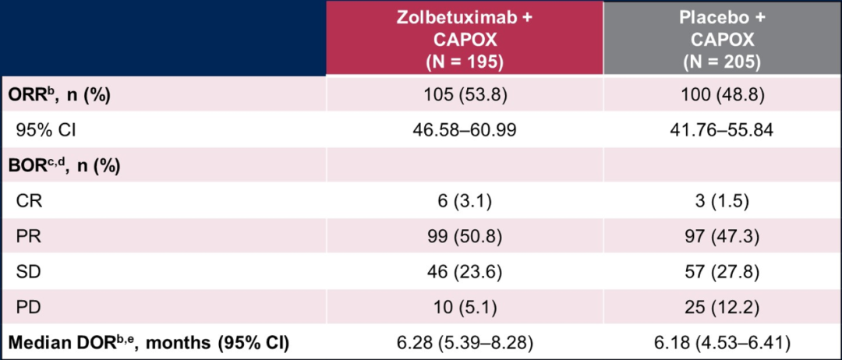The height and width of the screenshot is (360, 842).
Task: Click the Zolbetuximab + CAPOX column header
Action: [465, 40]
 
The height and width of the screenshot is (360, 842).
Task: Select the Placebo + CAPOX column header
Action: [722, 40]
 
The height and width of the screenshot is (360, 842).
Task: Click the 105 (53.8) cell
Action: [465, 94]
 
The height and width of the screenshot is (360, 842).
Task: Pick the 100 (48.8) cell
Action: [722, 94]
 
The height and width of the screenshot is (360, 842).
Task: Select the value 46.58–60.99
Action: [465, 129]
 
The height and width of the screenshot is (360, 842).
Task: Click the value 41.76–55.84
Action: [722, 129]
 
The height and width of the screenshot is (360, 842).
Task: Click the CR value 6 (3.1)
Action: [465, 201]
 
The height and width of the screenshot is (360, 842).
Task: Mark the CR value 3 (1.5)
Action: [722, 201]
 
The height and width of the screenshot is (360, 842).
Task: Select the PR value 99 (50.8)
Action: [465, 236]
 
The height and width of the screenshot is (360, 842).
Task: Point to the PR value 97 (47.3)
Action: [722, 236]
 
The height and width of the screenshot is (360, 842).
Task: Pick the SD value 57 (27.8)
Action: [722, 271]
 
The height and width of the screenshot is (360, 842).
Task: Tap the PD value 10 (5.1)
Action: [465, 307]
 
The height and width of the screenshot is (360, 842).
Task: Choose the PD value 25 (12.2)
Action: [722, 307]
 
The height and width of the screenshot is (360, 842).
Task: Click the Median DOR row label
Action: [148, 342]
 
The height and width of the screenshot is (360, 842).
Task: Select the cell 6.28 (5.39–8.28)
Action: [465, 342]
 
